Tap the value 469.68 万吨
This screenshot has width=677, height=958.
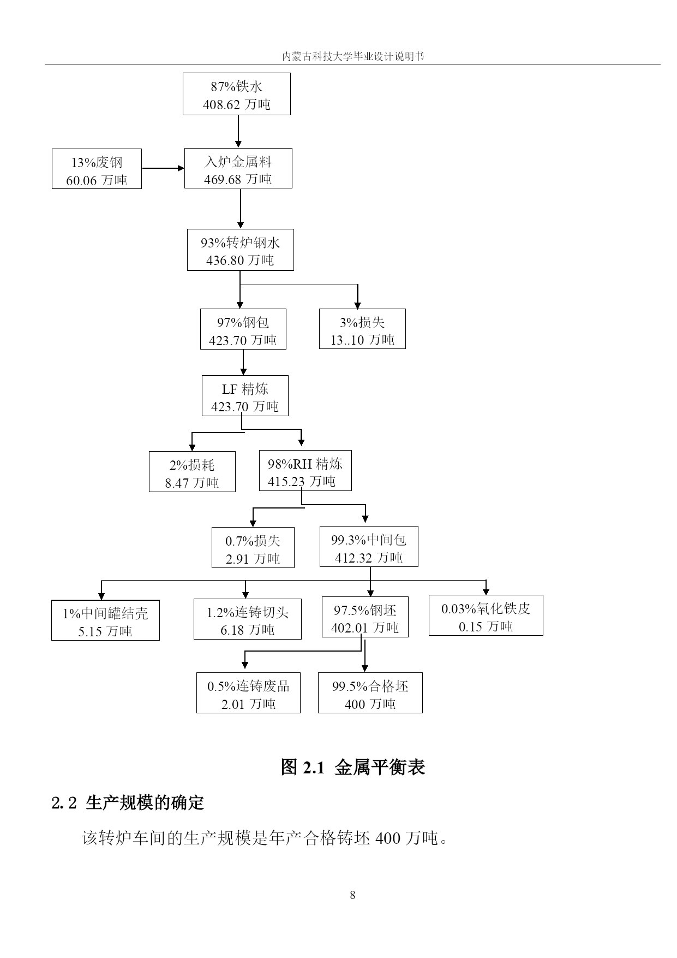(x=238, y=179)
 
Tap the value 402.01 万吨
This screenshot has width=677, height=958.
(x=365, y=628)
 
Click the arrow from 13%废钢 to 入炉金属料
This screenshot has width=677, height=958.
(x=163, y=168)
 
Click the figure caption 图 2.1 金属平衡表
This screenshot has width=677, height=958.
(x=352, y=767)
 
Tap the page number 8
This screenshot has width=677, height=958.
(x=352, y=895)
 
